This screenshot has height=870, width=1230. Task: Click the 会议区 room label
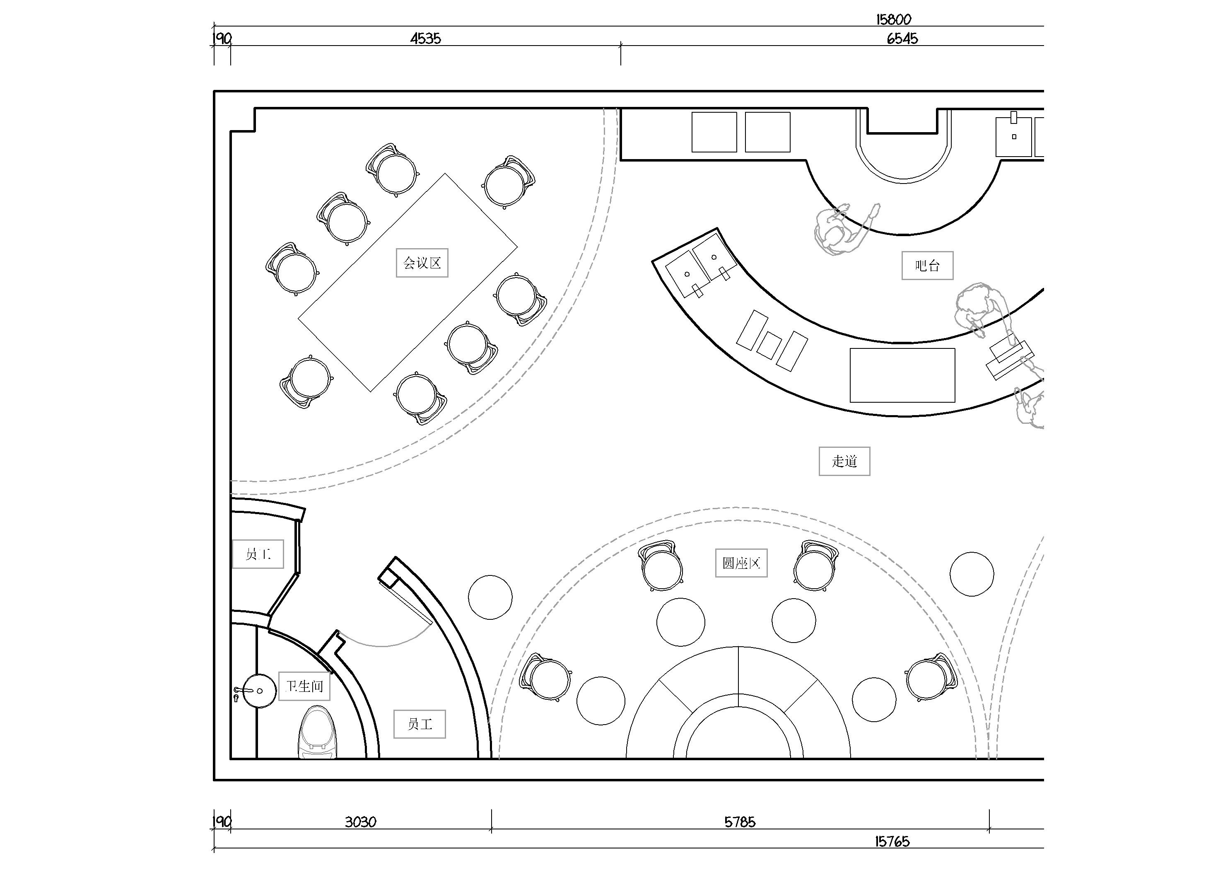(x=422, y=263)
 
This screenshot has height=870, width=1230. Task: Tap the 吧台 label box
(x=927, y=265)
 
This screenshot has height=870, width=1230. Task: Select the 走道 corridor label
(x=844, y=461)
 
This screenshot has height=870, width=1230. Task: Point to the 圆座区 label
(x=741, y=563)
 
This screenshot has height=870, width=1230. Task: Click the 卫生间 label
(x=304, y=686)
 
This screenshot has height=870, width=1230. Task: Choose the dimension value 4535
(x=425, y=39)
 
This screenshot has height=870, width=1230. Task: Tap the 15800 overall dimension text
(x=894, y=20)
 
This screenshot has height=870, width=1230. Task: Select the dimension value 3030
(x=361, y=822)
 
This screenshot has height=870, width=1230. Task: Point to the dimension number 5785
(x=740, y=822)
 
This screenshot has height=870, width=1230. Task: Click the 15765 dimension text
(x=892, y=841)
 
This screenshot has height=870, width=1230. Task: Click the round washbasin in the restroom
(x=259, y=691)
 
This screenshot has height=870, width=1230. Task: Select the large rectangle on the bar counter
(x=902, y=375)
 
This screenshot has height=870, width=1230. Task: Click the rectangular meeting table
(x=408, y=283)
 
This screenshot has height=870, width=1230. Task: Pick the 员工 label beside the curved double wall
(x=420, y=724)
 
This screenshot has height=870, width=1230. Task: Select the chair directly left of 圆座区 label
(x=661, y=566)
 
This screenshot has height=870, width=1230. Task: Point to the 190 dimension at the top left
(x=222, y=39)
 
